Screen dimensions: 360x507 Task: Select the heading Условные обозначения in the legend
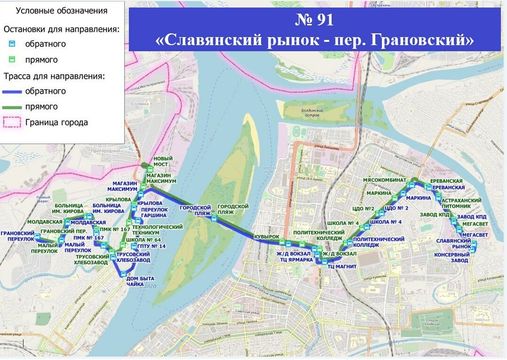62,10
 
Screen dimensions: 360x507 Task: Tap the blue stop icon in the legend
13,44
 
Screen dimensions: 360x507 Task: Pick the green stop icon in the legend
13,60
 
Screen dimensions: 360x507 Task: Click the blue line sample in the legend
13,91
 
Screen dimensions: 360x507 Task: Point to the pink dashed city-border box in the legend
13,123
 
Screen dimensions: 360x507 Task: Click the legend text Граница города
56,123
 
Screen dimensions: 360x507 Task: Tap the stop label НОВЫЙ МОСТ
163,162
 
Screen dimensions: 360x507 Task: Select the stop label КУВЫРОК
266,237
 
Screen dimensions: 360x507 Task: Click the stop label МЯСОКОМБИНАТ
385,180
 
